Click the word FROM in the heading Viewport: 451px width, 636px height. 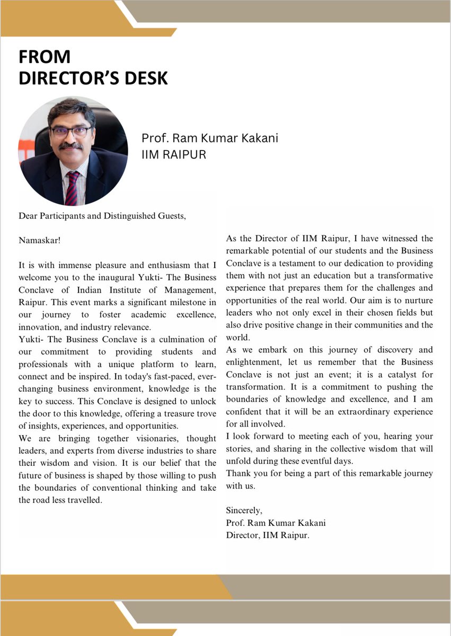coord(45,57)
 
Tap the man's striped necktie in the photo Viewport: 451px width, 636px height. coord(72,186)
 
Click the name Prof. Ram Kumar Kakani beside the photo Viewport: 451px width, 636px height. coord(209,138)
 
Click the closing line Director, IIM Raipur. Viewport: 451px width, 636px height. coord(267,535)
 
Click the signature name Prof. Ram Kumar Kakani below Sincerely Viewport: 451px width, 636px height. coord(276,523)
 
